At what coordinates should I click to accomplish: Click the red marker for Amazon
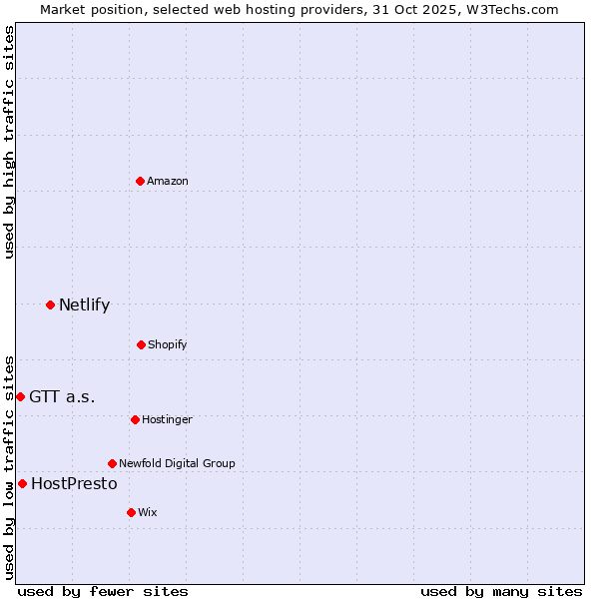click(x=140, y=181)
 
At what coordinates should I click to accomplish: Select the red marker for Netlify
click(x=50, y=304)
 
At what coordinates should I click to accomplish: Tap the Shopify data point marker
click(x=141, y=344)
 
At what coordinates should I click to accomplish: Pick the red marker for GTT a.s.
click(x=20, y=396)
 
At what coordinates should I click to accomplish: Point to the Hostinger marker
click(x=135, y=419)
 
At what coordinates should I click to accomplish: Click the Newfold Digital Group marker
click(x=112, y=463)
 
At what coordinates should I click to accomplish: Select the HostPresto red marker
click(x=22, y=483)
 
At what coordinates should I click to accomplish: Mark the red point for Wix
click(x=131, y=512)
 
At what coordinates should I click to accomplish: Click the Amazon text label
click(x=168, y=181)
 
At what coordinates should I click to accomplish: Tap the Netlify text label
click(x=84, y=304)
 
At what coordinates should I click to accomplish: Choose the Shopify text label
click(x=168, y=344)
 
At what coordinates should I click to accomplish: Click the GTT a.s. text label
click(x=62, y=396)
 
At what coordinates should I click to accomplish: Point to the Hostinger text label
click(x=167, y=419)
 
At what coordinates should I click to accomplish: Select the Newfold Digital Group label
click(x=177, y=463)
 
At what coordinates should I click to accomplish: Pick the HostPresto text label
click(x=74, y=483)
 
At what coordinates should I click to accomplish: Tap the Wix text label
click(x=148, y=512)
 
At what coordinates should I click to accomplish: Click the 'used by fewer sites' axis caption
click(x=103, y=591)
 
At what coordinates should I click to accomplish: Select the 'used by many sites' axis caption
click(x=501, y=591)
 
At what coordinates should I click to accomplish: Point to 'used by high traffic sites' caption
click(x=9, y=142)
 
